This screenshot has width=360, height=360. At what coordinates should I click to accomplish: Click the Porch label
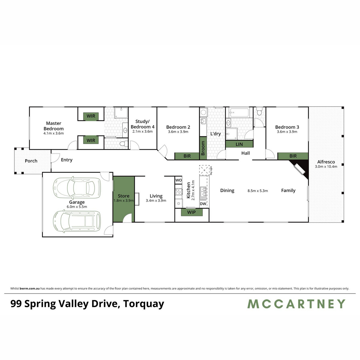pyautogui.click(x=31, y=161)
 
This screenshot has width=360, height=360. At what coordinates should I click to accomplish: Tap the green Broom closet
pyautogui.click(x=203, y=148)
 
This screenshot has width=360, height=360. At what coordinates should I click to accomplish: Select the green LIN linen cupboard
pyautogui.click(x=239, y=144)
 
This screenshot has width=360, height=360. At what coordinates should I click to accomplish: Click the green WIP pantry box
pyautogui.click(x=191, y=212)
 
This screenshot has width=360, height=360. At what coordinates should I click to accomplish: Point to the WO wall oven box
pyautogui.click(x=178, y=180)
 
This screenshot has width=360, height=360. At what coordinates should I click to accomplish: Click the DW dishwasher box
pyautogui.click(x=203, y=204)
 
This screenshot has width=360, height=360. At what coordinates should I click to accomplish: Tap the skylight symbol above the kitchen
pyautogui.click(x=204, y=170)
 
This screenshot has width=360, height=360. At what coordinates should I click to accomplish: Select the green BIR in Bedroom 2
pyautogui.click(x=187, y=156)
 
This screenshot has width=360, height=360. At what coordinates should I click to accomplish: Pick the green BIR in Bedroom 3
pyautogui.click(x=293, y=156)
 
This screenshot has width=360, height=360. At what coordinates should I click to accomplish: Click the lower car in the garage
pyautogui.click(x=77, y=221)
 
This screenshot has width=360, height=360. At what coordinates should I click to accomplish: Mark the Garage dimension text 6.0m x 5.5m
pyautogui.click(x=77, y=207)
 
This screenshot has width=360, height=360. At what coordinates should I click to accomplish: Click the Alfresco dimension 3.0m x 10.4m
pyautogui.click(x=326, y=166)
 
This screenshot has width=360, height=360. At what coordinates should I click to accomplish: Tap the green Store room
pyautogui.click(x=124, y=198)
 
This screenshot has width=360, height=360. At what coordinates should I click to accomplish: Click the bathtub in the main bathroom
pyautogui.click(x=239, y=113)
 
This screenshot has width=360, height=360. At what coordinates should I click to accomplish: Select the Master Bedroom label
pyautogui.click(x=54, y=126)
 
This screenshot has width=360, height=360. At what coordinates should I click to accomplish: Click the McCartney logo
pyautogui.click(x=296, y=304)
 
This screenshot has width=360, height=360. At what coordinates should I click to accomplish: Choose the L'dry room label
pyautogui.click(x=215, y=133)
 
